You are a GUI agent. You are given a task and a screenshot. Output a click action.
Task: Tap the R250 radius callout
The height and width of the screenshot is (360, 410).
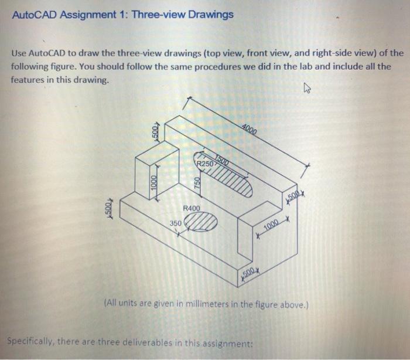(206, 164)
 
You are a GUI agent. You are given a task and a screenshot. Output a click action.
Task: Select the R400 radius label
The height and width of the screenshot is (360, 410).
(192, 208)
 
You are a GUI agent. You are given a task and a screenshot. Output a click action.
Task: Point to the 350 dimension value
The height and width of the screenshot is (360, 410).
(176, 223)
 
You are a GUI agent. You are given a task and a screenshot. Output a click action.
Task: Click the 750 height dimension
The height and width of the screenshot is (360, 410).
(198, 182)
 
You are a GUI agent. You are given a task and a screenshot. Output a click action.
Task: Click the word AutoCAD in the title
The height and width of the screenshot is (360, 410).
(33, 14)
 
